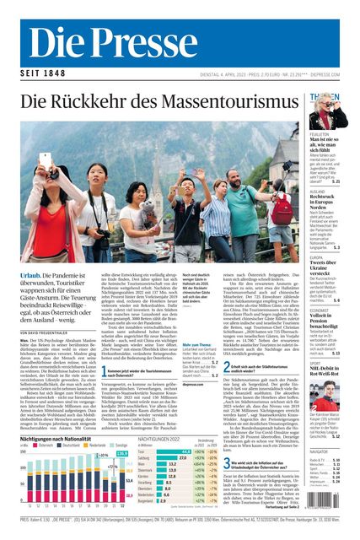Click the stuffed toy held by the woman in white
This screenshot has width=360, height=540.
pos(147,206)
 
